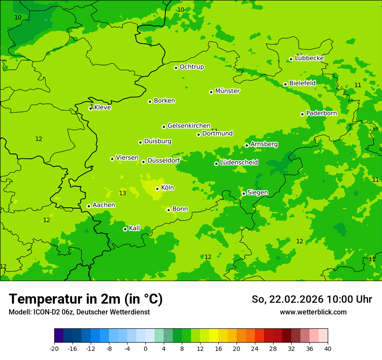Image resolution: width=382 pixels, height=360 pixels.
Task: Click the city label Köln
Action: click(167, 188)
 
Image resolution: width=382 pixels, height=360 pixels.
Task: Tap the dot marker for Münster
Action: click(211, 92)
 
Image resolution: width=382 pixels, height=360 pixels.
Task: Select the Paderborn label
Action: click(321, 113)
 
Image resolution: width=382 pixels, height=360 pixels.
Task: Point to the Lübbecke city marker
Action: click(291, 59)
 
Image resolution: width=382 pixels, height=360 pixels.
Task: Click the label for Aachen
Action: click(104, 205)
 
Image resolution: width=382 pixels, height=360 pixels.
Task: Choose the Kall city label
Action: click(135, 228)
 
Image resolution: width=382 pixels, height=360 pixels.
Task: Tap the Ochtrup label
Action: click(191, 67)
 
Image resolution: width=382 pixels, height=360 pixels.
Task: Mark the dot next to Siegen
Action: click(244, 193)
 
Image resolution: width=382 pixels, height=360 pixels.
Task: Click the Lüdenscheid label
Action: click(239, 163)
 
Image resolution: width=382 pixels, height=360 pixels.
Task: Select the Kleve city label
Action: click(102, 108)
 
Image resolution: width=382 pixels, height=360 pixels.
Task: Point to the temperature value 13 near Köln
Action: click(122, 193)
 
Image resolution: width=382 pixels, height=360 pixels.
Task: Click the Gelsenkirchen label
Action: click(189, 126)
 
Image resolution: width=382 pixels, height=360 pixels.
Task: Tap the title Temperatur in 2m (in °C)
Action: click(86, 299)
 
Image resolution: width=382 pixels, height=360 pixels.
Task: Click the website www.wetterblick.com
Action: click(313, 312)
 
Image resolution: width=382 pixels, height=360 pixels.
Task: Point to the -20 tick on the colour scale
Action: click(54, 349)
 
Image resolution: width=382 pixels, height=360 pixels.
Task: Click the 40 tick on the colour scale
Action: click(328, 349)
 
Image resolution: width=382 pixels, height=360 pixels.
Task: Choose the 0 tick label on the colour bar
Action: click(145, 349)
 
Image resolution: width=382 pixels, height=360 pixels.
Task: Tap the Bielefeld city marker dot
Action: click(285, 84)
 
